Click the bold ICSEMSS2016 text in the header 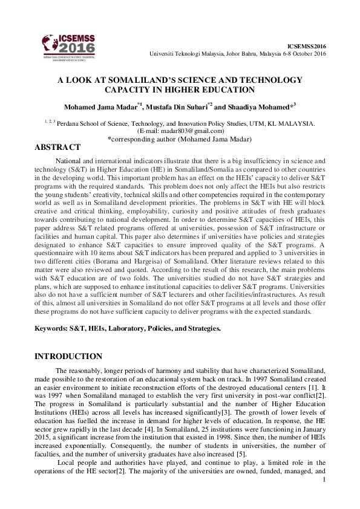pyautogui.click(x=306, y=45)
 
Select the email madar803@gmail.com pyautogui.click(x=188, y=131)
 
